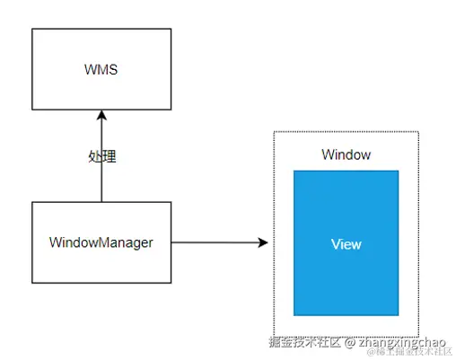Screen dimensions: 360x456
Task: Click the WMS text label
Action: pyautogui.click(x=101, y=68)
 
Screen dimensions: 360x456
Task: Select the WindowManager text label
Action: pyautogui.click(x=101, y=242)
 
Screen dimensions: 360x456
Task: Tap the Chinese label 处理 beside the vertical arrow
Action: pyautogui.click(x=102, y=156)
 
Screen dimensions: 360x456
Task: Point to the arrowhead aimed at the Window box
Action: pyautogui.click(x=263, y=242)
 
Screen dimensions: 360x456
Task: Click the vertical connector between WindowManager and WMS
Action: pyautogui.click(x=101, y=180)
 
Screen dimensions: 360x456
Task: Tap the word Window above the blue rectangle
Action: pyautogui.click(x=346, y=154)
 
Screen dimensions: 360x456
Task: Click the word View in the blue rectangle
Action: pyautogui.click(x=346, y=243)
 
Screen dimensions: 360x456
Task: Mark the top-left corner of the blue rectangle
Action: pyautogui.click(x=294, y=171)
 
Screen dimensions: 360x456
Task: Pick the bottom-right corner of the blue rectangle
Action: pyautogui.click(x=398, y=315)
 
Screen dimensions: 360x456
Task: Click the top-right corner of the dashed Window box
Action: pyautogui.click(x=418, y=132)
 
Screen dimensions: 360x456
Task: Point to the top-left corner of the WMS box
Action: pyautogui.click(x=31, y=29)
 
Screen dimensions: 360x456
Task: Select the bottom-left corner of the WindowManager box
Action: pyautogui.click(x=31, y=283)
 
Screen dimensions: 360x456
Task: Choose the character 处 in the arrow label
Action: pyautogui.click(x=95, y=156)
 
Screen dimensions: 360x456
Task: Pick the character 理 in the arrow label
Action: pyautogui.click(x=110, y=156)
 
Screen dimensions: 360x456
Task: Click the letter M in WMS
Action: pyautogui.click(x=101, y=68)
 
